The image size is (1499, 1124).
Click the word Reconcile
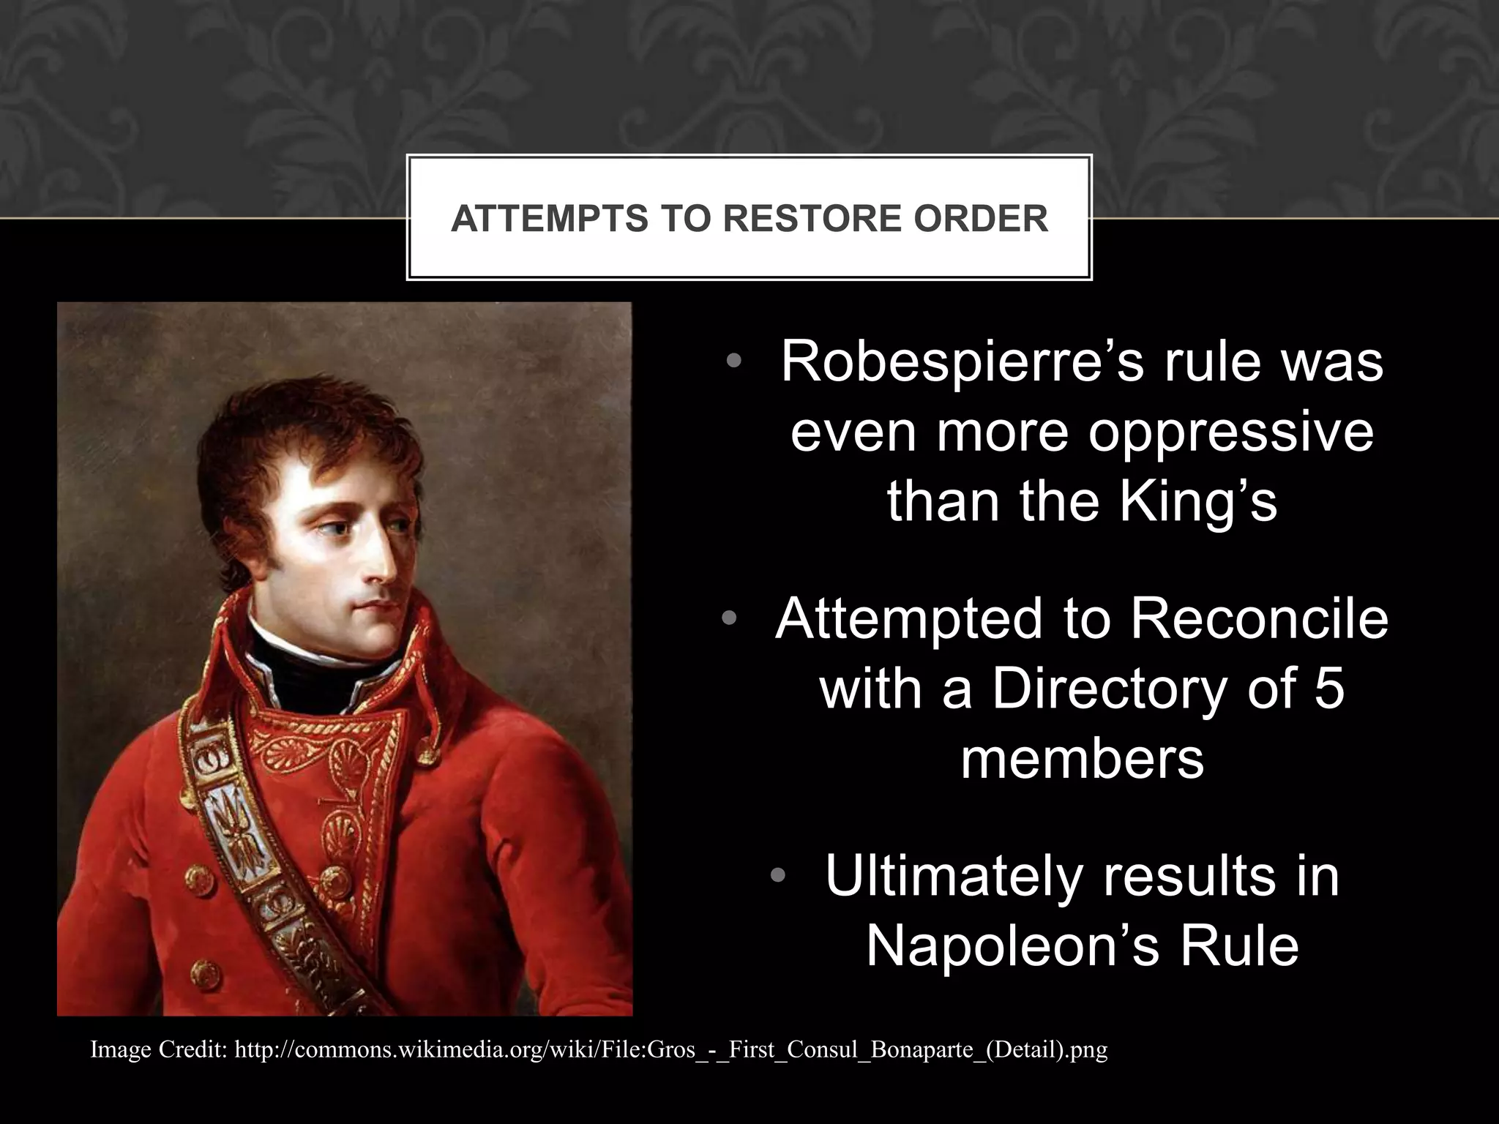1258,619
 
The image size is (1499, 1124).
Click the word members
1082,759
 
